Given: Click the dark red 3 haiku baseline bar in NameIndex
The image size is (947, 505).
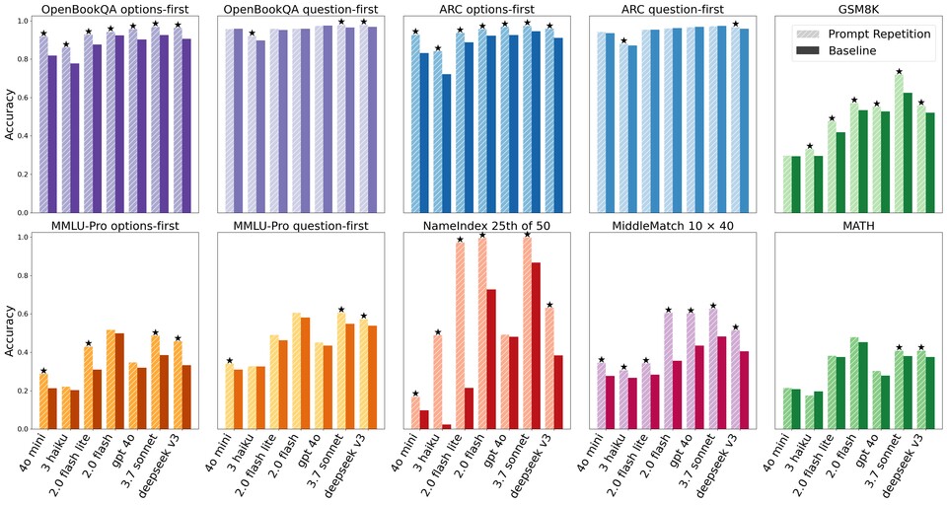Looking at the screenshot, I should [446, 426].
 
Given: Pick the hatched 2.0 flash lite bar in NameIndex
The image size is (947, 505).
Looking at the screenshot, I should [459, 335].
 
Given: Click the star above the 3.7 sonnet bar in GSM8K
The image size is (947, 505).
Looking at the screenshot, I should [899, 72].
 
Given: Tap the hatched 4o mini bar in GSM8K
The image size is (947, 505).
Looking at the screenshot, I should [786, 184].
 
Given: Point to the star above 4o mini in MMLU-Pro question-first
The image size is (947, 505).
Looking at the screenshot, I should [230, 361].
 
